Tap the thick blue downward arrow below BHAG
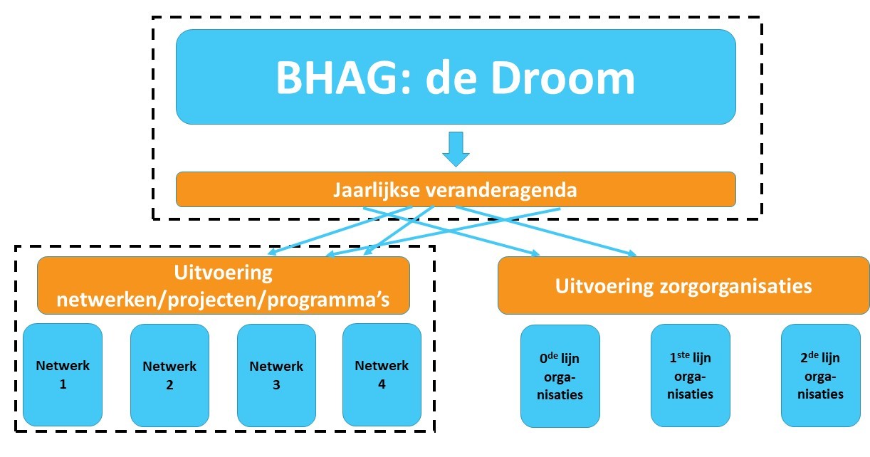456,148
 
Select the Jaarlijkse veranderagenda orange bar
456,190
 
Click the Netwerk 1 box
63,374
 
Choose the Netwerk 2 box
169,375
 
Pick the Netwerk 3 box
276,375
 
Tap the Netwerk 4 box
382,374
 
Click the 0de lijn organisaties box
560,376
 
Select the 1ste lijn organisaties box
691,375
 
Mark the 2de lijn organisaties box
821,375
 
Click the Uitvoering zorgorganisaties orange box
683,286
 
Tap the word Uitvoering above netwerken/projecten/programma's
223,273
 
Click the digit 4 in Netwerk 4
382,384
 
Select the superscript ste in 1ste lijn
684,354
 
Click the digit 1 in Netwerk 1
63,384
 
